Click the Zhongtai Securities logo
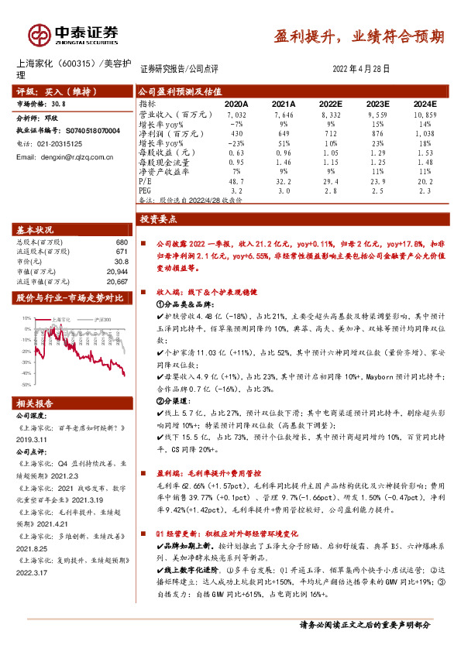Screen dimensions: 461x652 click(74, 35)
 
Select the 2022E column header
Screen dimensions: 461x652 click(330, 104)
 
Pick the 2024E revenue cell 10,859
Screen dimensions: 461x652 click(424, 114)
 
